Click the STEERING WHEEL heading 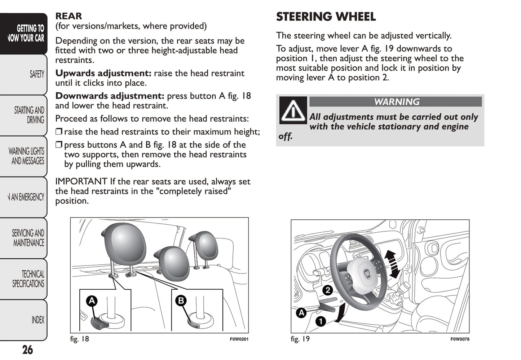(x=326, y=17)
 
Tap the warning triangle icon (x=293, y=110)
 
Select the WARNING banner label (x=396, y=102)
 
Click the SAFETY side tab (x=36, y=74)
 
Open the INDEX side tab (x=37, y=320)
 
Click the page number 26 (x=27, y=350)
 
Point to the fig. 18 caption (x=79, y=339)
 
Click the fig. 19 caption (x=300, y=339)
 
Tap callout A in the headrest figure (x=92, y=301)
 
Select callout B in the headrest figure (x=181, y=300)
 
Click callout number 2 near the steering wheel (x=327, y=290)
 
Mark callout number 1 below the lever (x=321, y=321)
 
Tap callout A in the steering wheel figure (x=301, y=313)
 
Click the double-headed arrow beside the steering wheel (x=392, y=264)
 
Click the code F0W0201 (x=239, y=339)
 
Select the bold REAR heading (x=69, y=16)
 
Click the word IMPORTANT (x=81, y=181)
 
